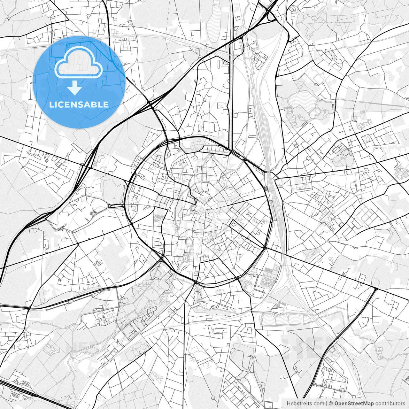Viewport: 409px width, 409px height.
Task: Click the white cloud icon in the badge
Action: coord(79,63)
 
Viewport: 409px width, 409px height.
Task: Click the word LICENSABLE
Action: coord(79,104)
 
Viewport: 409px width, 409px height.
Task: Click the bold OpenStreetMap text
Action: coord(354,404)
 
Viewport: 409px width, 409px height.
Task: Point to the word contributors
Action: coord(390,404)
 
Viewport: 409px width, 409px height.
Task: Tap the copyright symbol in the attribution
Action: coord(331,404)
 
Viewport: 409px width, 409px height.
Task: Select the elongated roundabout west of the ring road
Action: coord(116,206)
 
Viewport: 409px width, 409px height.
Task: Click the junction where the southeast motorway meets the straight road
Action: coord(376,289)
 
